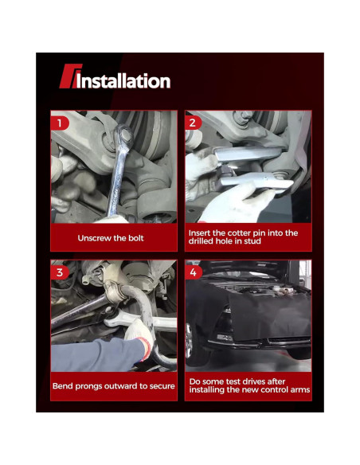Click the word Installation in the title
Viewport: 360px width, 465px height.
(x=123, y=81)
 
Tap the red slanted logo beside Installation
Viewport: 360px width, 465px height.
(x=70, y=76)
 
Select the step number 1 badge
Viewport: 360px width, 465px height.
(x=60, y=123)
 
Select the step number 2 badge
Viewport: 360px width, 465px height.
(x=193, y=123)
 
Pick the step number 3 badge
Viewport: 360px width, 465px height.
(x=60, y=272)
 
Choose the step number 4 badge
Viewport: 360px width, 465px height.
(x=194, y=272)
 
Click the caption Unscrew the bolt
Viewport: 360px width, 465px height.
(x=111, y=238)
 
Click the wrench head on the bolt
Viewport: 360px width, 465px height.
(x=124, y=135)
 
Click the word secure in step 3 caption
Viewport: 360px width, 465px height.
(x=162, y=386)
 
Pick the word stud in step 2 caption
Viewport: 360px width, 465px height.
(x=252, y=240)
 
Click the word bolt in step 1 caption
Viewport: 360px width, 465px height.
(x=136, y=238)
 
